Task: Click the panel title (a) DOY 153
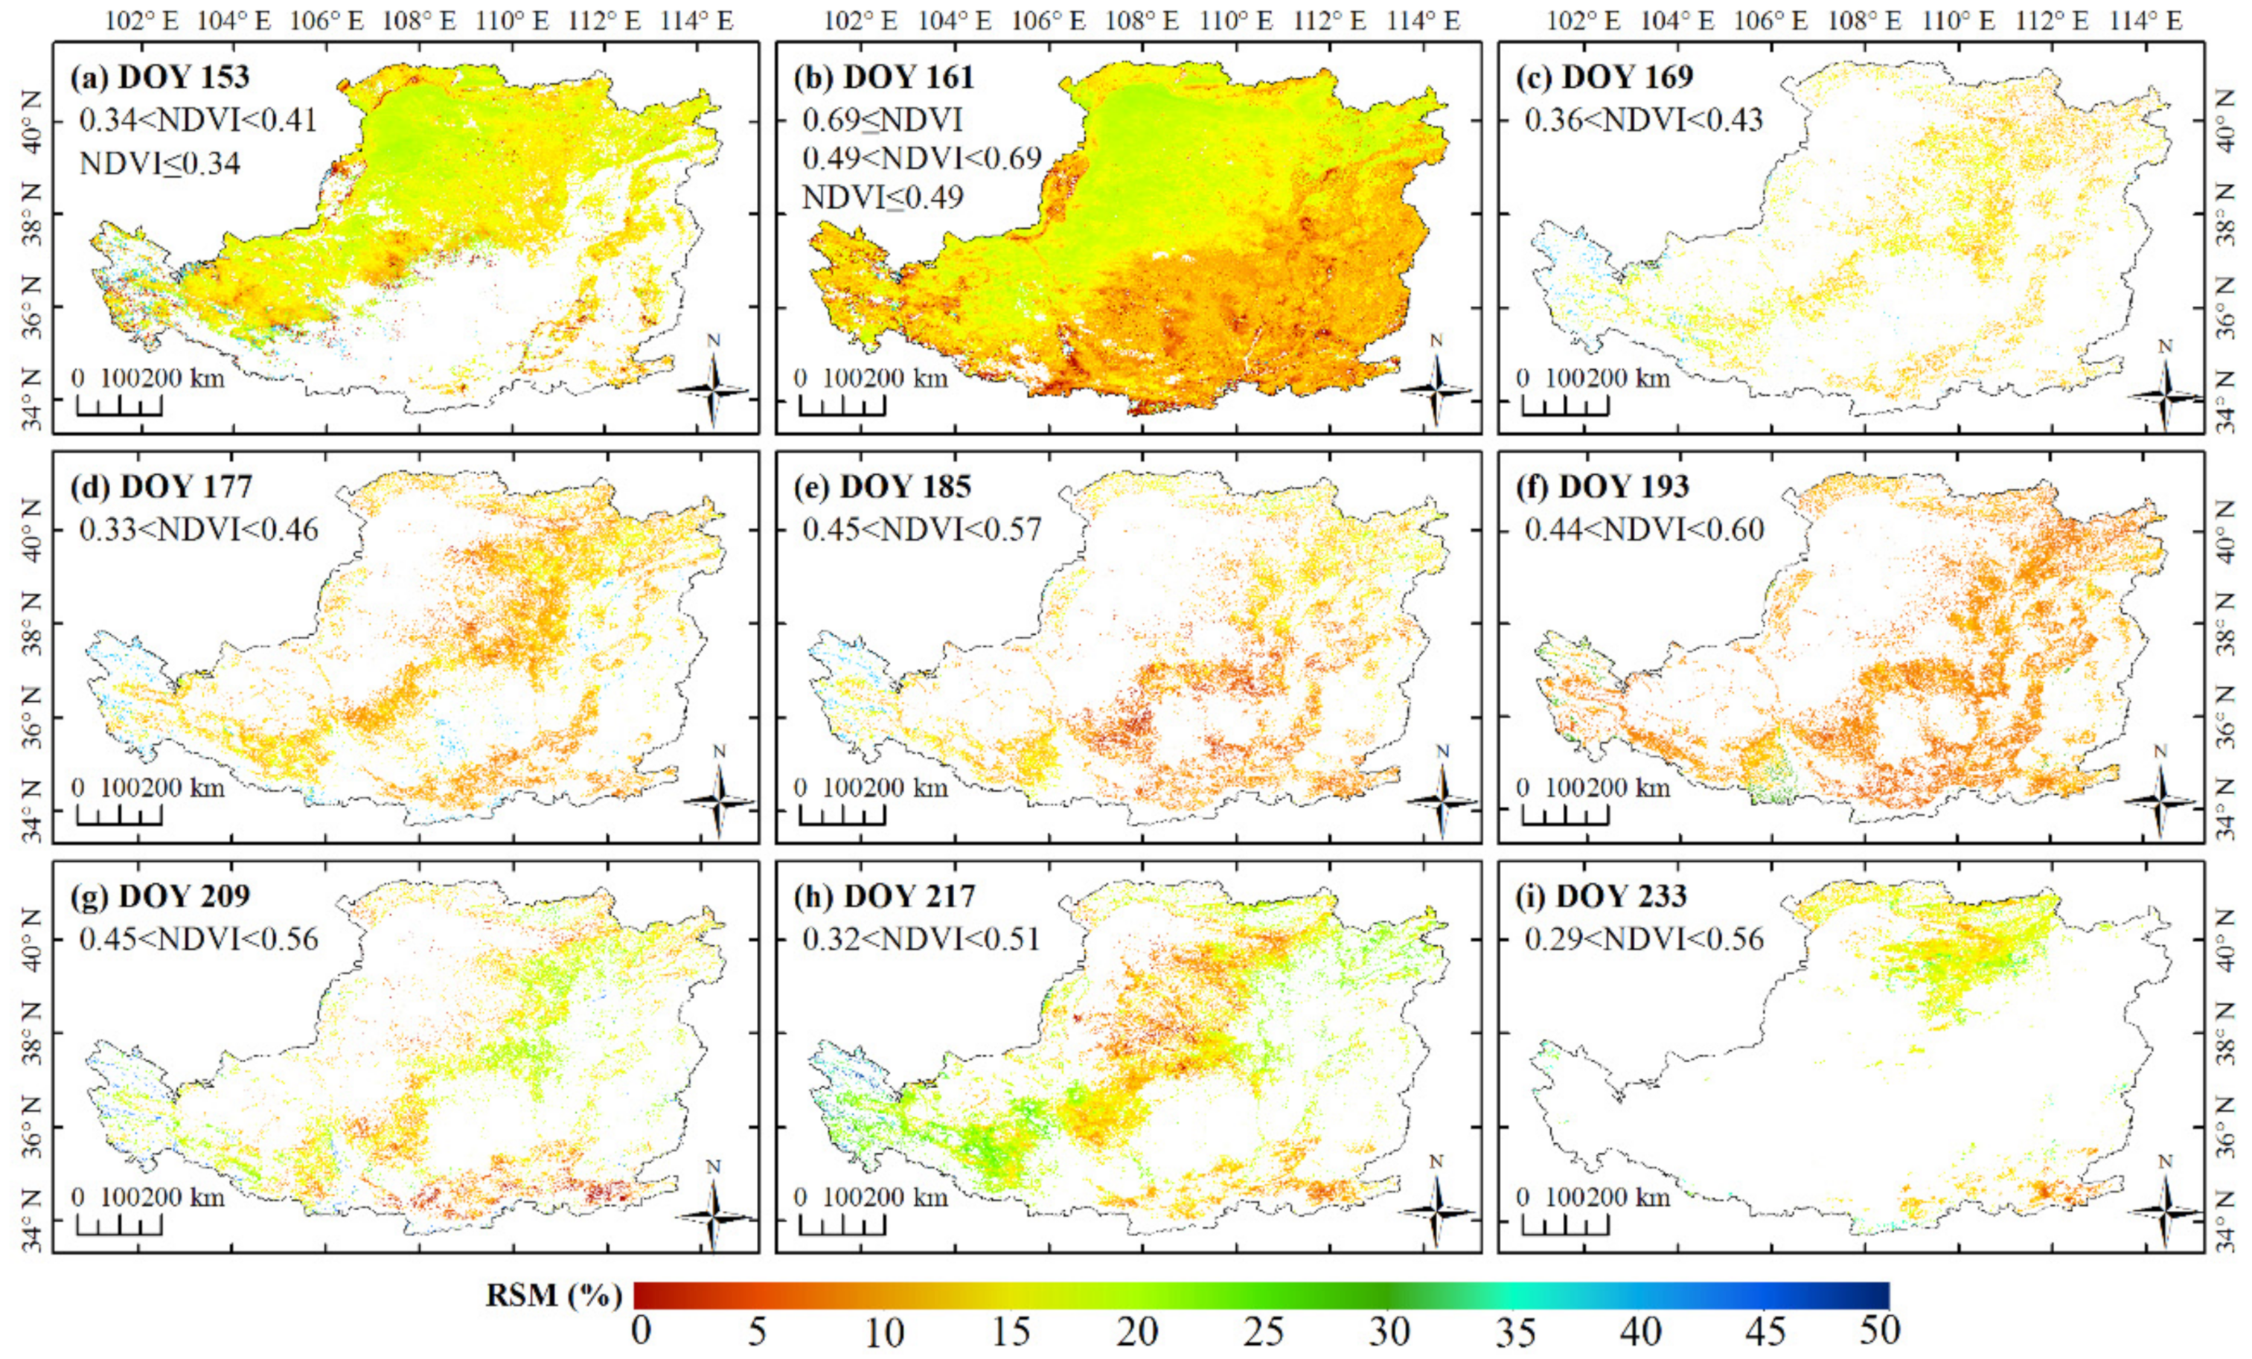[160, 77]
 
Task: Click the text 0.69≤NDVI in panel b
[882, 120]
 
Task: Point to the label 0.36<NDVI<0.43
[1643, 120]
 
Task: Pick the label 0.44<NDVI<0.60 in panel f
[1643, 529]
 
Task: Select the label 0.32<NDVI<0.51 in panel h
[921, 938]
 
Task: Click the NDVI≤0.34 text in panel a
[160, 164]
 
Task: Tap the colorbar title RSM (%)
[554, 1295]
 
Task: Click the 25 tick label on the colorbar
[1264, 1332]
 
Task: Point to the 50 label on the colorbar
[1879, 1331]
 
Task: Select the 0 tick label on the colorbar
[642, 1331]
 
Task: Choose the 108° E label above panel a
[418, 21]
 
